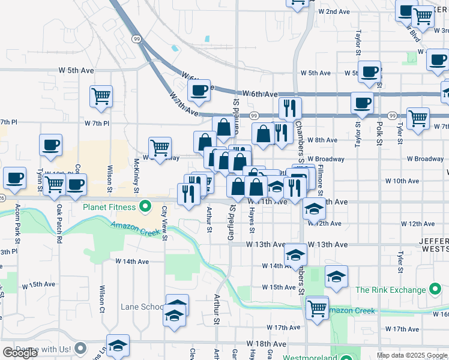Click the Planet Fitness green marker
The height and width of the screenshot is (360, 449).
145,208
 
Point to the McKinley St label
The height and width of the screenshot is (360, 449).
137,175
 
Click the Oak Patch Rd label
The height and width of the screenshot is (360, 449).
59,223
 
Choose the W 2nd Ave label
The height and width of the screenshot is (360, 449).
334,11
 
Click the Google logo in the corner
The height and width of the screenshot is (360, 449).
20,353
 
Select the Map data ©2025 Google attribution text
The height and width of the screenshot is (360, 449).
412,355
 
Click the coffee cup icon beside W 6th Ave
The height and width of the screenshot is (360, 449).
199,91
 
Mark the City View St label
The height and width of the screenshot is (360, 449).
164,223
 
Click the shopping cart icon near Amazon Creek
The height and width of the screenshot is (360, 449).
317,308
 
